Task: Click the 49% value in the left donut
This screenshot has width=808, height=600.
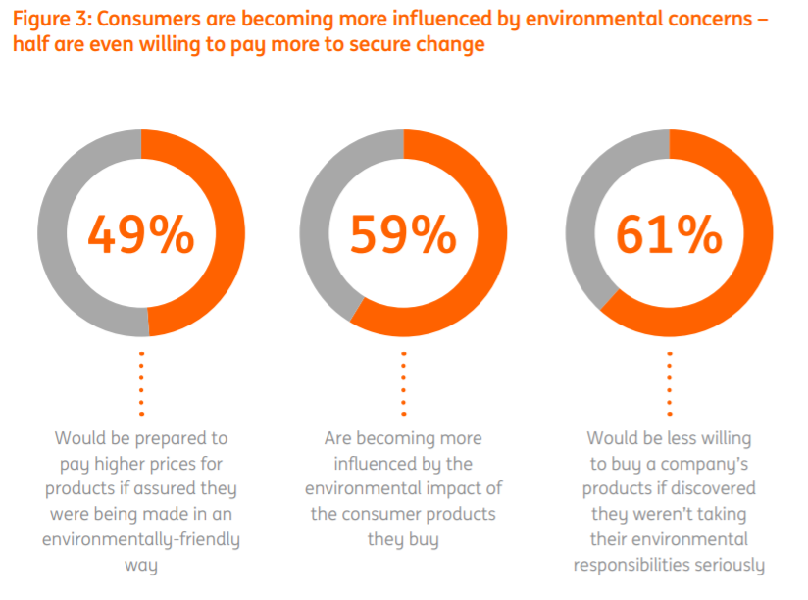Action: click(x=141, y=234)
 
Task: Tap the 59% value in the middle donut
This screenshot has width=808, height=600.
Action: click(x=404, y=234)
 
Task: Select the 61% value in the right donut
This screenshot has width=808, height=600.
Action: click(x=669, y=234)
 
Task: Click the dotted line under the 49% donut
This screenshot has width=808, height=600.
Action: click(x=141, y=383)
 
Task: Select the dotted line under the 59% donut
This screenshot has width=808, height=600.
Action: click(x=404, y=383)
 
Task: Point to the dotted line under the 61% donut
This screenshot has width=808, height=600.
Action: click(x=669, y=383)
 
